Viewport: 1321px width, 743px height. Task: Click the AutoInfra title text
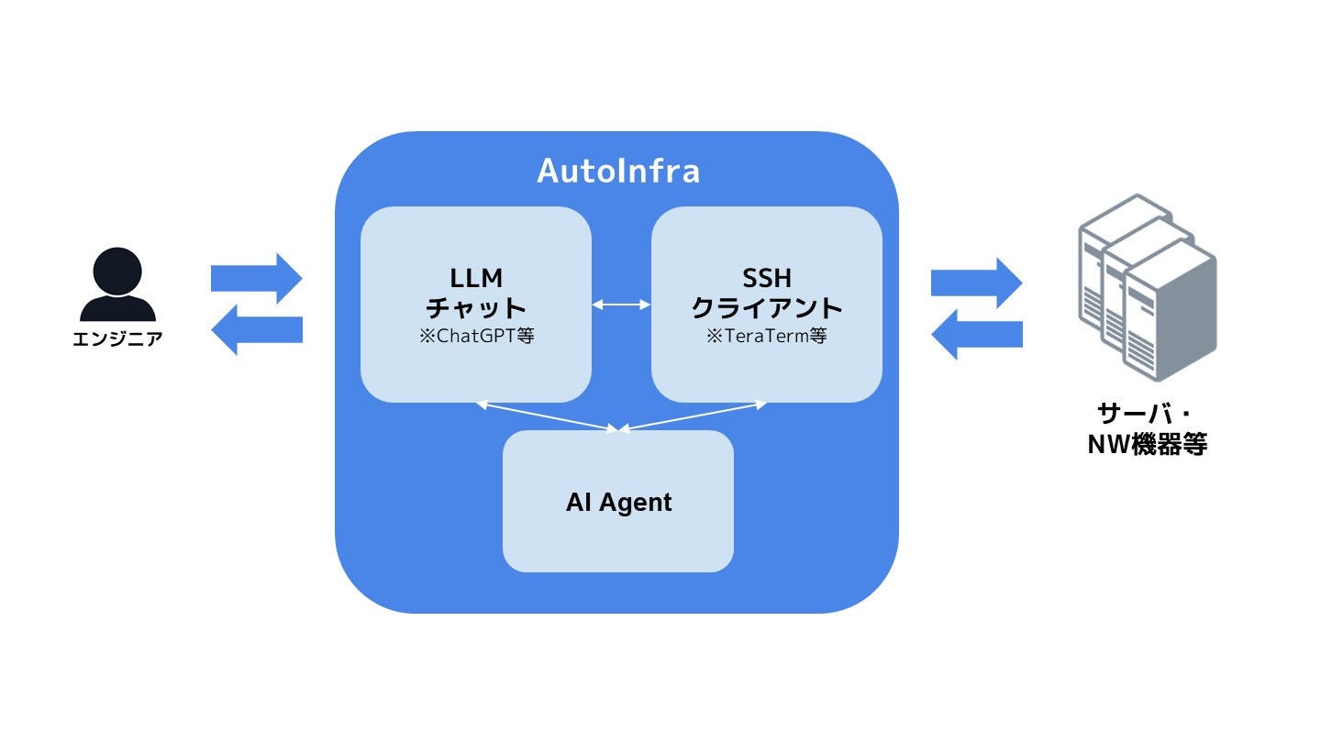pyautogui.click(x=617, y=171)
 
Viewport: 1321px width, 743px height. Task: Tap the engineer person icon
pyautogui.click(x=117, y=284)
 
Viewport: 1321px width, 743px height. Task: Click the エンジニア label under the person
pyautogui.click(x=117, y=339)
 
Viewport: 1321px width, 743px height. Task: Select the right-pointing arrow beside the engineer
pyautogui.click(x=257, y=277)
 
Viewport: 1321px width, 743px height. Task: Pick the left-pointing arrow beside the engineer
pyautogui.click(x=257, y=329)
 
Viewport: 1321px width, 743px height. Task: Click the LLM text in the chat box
pyautogui.click(x=476, y=276)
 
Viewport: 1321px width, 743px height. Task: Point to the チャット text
pyautogui.click(x=476, y=306)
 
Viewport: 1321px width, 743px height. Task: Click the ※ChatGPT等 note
pyautogui.click(x=476, y=336)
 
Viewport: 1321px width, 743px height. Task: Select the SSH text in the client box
pyautogui.click(x=766, y=276)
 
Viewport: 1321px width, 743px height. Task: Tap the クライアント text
pyautogui.click(x=766, y=306)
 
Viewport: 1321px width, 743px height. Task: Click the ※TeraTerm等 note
pyautogui.click(x=766, y=336)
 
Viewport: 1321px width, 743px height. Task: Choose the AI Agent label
pyautogui.click(x=618, y=503)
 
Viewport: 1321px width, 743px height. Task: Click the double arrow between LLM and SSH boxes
pyautogui.click(x=621, y=304)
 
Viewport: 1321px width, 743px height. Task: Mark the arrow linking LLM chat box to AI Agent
pyautogui.click(x=548, y=416)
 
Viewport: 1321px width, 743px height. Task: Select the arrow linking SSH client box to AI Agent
pyautogui.click(x=694, y=416)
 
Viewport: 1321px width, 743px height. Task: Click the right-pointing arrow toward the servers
pyautogui.click(x=976, y=283)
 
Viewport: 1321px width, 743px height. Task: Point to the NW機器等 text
pyautogui.click(x=1147, y=445)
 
